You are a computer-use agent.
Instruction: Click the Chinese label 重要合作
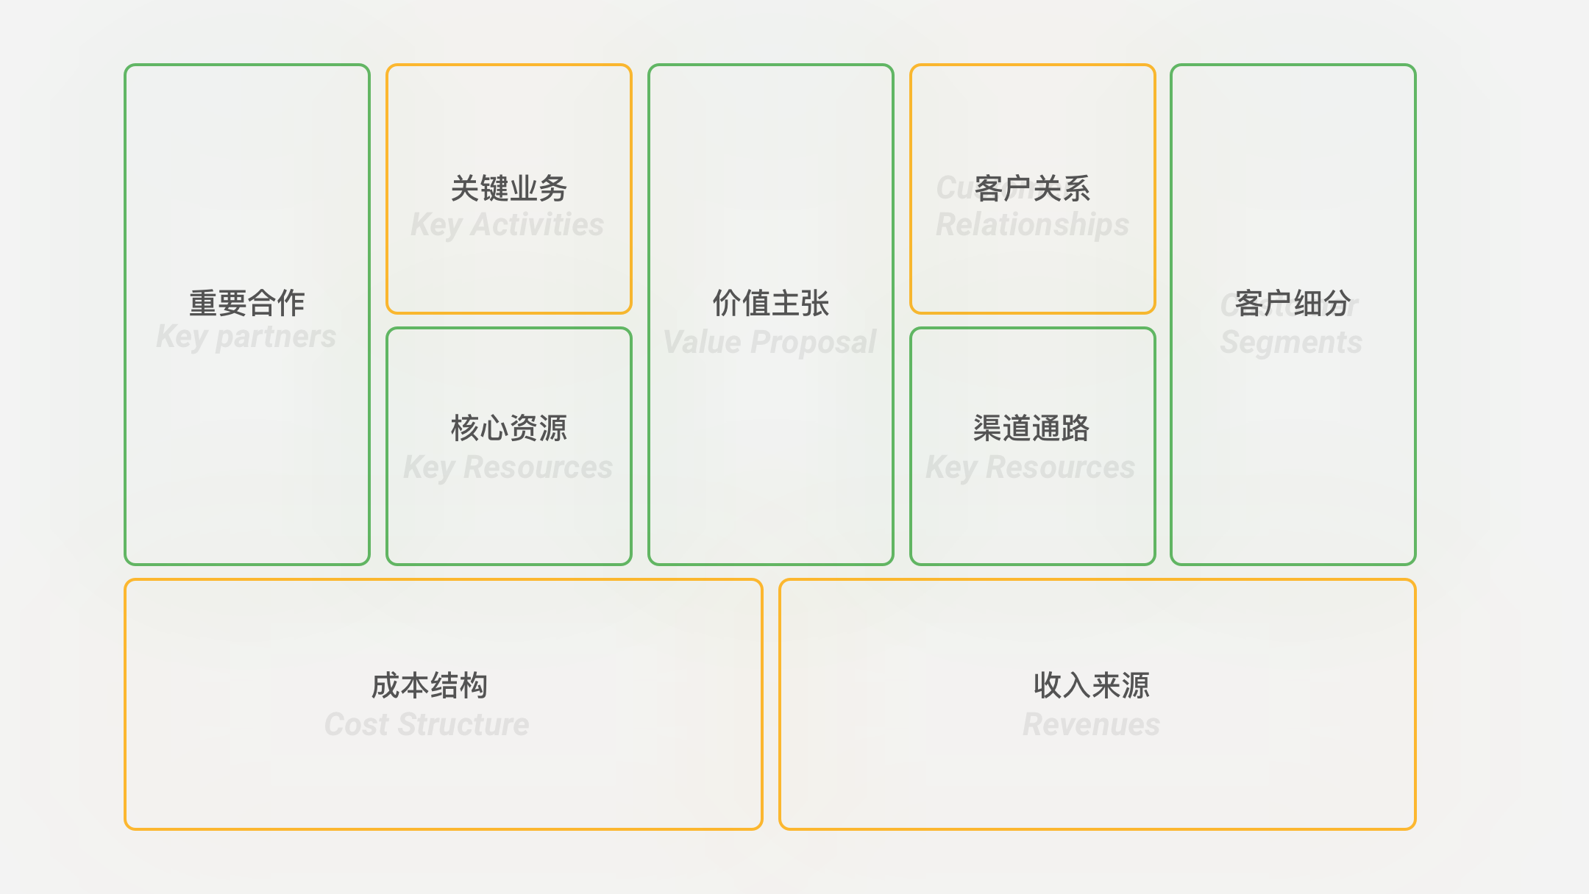[247, 303]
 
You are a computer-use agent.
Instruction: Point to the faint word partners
[276, 337]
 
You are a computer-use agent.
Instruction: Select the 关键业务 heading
[509, 188]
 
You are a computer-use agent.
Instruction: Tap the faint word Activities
[537, 225]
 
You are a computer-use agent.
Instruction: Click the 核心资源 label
[509, 428]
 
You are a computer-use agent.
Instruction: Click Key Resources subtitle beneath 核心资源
[508, 468]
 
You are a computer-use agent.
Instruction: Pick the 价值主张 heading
[771, 303]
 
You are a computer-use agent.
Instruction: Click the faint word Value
[702, 343]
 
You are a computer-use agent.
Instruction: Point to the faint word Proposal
[814, 343]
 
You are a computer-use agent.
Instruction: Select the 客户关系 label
[1032, 188]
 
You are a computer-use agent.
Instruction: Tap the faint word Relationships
[1032, 225]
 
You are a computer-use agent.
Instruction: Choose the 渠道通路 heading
[1031, 428]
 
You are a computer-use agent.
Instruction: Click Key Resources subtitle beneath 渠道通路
[1031, 468]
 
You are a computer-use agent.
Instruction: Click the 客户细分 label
[1293, 303]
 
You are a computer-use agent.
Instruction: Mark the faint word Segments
[1291, 343]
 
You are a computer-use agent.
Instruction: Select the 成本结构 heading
[430, 685]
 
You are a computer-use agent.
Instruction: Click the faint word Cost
[357, 725]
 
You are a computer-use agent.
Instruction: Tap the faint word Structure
[463, 725]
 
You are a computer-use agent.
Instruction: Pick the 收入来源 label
[1092, 685]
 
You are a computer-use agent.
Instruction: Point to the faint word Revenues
[1092, 725]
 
